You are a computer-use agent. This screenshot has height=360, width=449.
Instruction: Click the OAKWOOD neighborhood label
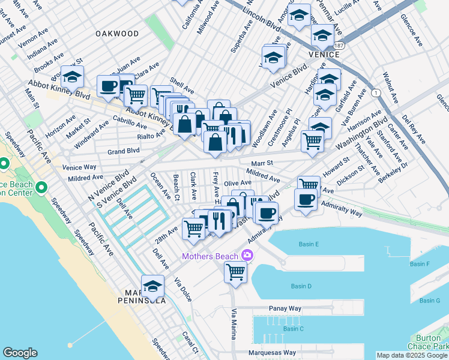pyautogui.click(x=117, y=34)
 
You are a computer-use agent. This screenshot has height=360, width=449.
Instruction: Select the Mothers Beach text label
pyautogui.click(x=211, y=256)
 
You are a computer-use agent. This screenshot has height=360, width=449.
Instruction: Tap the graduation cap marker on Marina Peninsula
pyautogui.click(x=153, y=286)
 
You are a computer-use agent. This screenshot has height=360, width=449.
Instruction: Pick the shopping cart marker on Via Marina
pyautogui.click(x=235, y=271)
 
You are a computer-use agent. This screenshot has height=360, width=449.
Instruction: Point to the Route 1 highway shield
pyautogui.click(x=376, y=93)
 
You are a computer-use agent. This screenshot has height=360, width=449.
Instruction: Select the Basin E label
pyautogui.click(x=309, y=244)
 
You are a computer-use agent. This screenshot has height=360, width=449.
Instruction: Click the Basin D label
pyautogui.click(x=301, y=286)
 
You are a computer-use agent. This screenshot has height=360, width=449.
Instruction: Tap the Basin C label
pyautogui.click(x=294, y=328)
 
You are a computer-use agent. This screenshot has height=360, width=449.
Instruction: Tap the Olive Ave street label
pyautogui.click(x=237, y=182)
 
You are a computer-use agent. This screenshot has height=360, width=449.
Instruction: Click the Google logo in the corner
pyautogui.click(x=20, y=353)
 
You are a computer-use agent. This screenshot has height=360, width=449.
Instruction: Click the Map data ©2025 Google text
pyautogui.click(x=411, y=355)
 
